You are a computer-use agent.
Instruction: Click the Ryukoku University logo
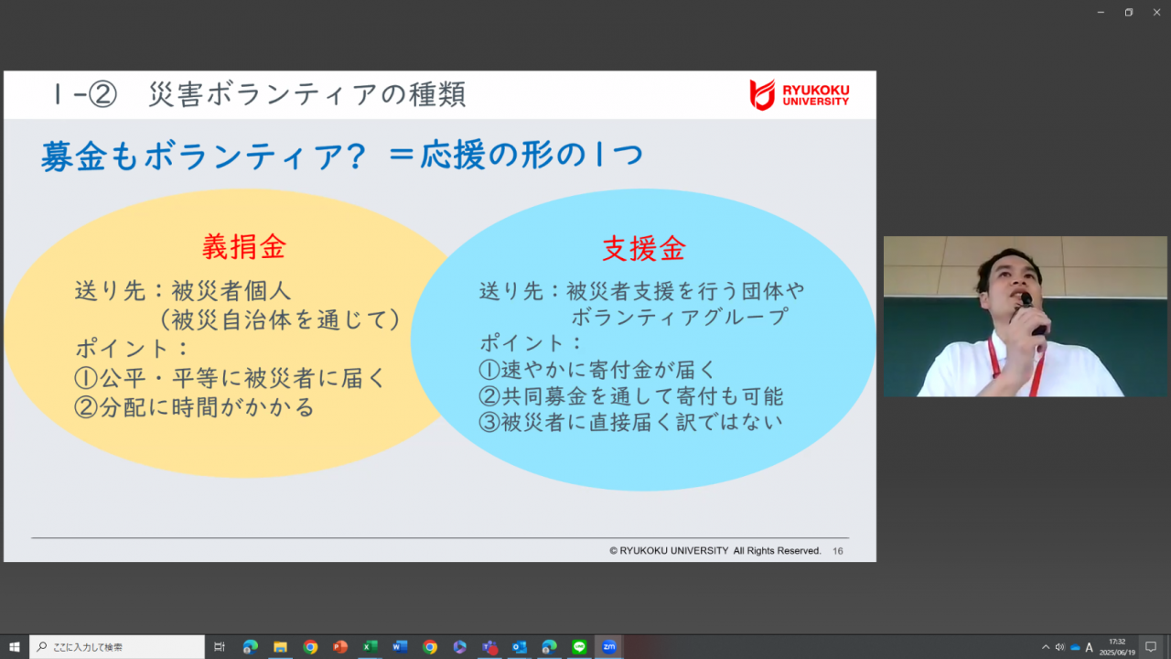(x=800, y=94)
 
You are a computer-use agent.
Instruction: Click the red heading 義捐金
(x=244, y=247)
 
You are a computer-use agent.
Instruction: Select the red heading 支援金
(x=643, y=248)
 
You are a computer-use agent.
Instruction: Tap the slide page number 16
(x=837, y=551)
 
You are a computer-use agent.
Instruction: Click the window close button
(x=1156, y=12)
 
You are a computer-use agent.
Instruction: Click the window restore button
(x=1129, y=12)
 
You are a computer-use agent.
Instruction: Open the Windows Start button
(x=14, y=647)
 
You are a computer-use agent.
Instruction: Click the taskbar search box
(x=117, y=647)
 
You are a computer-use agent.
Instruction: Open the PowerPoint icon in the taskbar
(x=340, y=647)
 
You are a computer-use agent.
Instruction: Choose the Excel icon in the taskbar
(x=371, y=647)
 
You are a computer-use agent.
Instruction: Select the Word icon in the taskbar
(x=400, y=647)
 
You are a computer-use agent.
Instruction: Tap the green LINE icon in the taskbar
(x=579, y=647)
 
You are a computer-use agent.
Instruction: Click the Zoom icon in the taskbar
(x=609, y=647)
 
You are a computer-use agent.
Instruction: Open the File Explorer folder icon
(x=280, y=647)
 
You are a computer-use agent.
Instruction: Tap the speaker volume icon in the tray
(x=1059, y=647)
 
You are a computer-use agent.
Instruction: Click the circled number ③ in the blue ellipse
(x=489, y=423)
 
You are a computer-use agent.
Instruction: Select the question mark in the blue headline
(x=359, y=156)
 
